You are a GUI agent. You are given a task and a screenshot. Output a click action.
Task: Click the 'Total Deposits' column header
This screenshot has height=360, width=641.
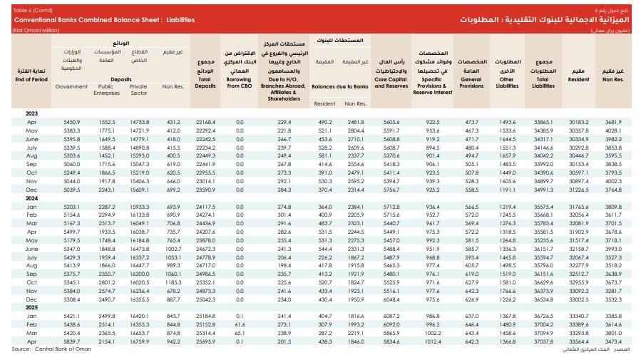205,83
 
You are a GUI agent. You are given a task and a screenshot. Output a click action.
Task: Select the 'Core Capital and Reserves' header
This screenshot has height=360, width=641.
391,83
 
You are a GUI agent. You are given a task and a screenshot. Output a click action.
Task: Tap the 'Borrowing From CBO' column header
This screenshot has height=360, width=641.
239,83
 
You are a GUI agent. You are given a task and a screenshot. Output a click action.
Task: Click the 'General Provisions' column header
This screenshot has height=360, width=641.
471,83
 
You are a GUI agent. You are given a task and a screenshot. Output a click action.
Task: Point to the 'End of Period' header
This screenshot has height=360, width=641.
31,79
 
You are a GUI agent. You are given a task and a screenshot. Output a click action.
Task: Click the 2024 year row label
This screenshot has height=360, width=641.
31,198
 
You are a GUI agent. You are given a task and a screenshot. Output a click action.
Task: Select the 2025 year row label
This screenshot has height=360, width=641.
31,307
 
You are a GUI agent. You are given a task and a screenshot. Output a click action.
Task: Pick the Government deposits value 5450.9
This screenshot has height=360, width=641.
71,122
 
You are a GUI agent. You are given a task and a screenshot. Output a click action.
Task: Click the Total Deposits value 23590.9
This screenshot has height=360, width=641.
205,190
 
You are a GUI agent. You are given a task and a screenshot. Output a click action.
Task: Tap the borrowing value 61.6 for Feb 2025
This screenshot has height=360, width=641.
240,324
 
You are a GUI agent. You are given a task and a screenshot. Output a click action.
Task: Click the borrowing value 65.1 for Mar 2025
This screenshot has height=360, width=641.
240,333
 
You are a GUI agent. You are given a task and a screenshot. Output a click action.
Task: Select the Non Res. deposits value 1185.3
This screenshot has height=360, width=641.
173,282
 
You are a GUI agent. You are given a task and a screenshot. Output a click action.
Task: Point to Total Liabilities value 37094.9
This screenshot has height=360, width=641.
543,333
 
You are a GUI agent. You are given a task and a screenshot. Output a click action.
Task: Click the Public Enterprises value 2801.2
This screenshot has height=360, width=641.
107,282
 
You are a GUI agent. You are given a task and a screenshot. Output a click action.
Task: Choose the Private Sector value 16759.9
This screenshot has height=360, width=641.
140,341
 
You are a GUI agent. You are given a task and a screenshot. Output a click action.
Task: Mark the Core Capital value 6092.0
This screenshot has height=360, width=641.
391,324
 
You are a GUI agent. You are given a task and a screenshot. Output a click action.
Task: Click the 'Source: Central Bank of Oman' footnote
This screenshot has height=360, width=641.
51,349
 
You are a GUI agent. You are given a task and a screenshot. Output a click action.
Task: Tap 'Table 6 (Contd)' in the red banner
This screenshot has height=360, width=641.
33,10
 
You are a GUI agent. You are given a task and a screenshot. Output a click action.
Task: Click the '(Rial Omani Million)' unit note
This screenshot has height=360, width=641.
36,30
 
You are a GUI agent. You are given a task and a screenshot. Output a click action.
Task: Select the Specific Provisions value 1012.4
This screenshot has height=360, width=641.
433,341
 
